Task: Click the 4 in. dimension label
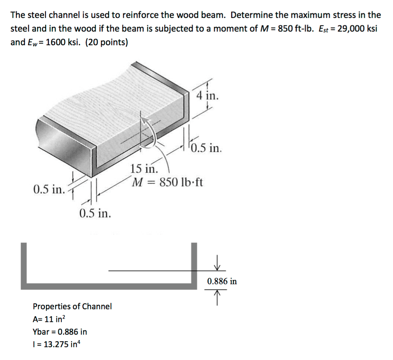(208, 95)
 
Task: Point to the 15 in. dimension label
(144, 168)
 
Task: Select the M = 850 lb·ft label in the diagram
(167, 182)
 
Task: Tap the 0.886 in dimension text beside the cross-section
(222, 281)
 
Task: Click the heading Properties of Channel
(72, 306)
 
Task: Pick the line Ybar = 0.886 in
(60, 331)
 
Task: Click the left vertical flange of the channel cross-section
(24, 265)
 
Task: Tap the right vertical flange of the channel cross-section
(194, 265)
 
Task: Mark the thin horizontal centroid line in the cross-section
(150, 271)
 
